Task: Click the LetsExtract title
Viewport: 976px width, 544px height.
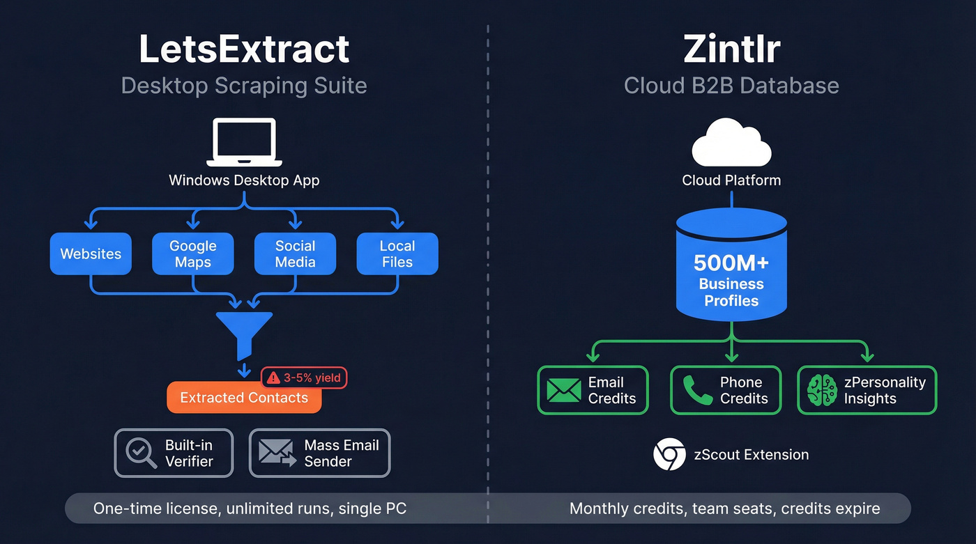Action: (x=244, y=49)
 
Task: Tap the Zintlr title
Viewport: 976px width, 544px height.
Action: (x=731, y=49)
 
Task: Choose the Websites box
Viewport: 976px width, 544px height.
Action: (x=91, y=254)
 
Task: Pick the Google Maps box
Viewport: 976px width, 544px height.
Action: (x=192, y=254)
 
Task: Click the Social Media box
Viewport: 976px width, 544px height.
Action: (x=295, y=254)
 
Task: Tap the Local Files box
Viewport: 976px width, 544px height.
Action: (x=397, y=254)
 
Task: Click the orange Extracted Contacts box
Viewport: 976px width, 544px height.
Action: (x=244, y=398)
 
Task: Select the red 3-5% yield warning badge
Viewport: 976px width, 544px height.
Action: (x=304, y=378)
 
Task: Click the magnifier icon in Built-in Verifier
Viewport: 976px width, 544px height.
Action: (x=142, y=453)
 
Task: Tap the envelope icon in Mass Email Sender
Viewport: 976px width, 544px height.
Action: (x=277, y=453)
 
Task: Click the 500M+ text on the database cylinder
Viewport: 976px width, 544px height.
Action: (x=731, y=263)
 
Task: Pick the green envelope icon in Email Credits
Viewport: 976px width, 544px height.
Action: (x=563, y=391)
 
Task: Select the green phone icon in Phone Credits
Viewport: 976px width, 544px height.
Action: (x=697, y=391)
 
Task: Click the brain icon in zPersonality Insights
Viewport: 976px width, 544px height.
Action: (x=822, y=391)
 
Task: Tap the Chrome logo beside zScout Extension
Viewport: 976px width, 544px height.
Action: (x=669, y=455)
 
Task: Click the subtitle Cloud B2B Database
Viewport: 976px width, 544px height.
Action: (x=731, y=86)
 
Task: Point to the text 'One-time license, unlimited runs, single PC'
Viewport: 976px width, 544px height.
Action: (x=250, y=508)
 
